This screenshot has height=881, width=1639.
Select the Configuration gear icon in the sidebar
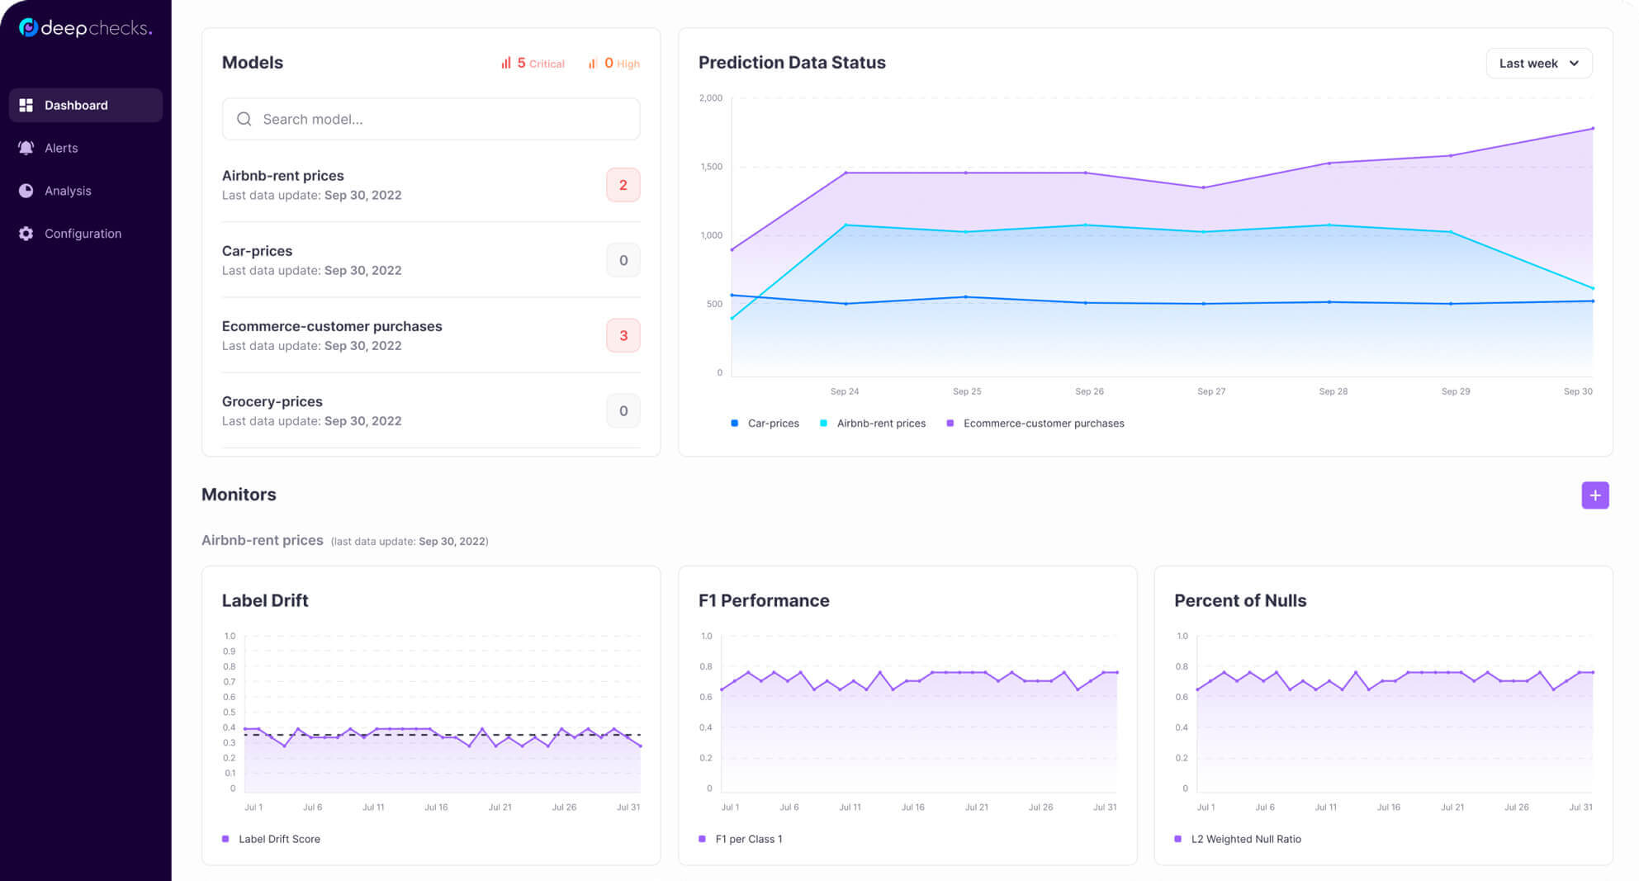tap(26, 234)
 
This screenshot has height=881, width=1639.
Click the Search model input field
tap(431, 119)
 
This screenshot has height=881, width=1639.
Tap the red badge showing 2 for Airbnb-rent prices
tap(623, 185)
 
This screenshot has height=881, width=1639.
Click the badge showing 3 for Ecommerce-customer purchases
tap(623, 335)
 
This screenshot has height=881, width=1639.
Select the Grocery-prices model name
tap(272, 401)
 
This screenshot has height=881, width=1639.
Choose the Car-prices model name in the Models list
tap(257, 251)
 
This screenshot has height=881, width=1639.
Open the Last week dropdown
tap(1539, 64)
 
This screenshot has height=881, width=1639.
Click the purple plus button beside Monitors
tap(1595, 495)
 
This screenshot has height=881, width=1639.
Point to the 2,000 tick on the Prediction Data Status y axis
tap(711, 98)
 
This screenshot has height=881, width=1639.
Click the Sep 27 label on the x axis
tap(1211, 391)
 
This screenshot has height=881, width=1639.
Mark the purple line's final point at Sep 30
tap(1592, 129)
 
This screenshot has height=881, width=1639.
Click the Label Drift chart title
tap(265, 600)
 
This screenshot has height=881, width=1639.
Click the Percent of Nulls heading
tap(1240, 600)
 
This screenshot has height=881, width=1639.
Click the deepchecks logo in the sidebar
tap(86, 28)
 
